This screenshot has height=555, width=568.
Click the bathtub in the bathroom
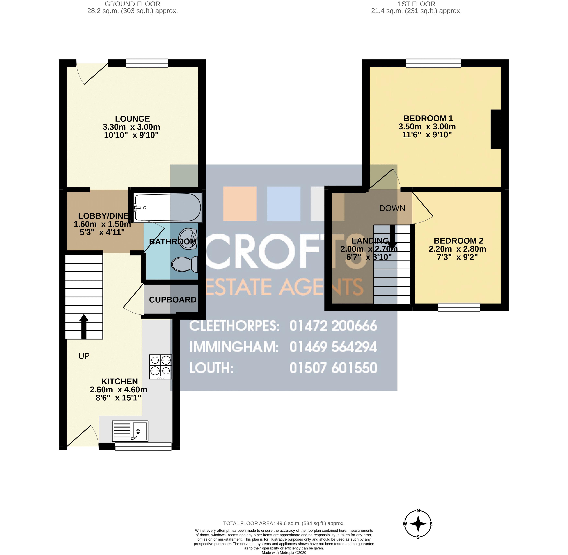[168, 207]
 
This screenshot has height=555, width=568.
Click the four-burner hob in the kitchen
[161, 367]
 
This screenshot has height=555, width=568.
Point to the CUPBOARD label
[173, 300]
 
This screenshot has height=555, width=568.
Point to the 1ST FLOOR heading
[416, 4]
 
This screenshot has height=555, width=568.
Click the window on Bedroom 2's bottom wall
[459, 307]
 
